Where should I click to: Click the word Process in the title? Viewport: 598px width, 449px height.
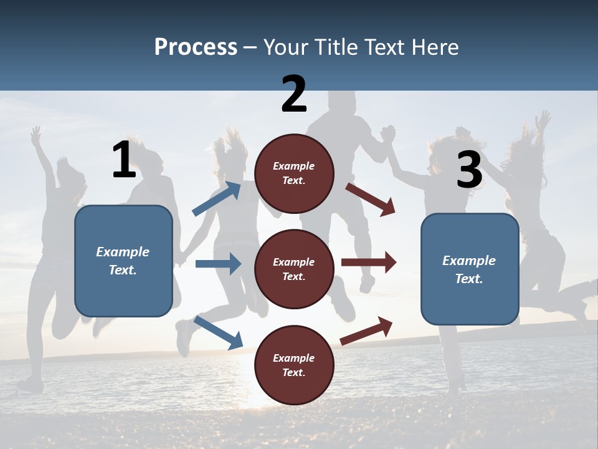196,47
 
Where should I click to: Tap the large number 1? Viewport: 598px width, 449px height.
124,160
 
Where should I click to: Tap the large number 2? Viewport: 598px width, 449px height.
294,94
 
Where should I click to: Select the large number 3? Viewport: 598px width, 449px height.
469,170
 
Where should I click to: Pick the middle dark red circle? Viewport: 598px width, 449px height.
294,269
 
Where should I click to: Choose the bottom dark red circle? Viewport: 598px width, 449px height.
294,365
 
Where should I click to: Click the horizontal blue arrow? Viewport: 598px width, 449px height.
218,264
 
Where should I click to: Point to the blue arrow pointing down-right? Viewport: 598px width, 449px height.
218,332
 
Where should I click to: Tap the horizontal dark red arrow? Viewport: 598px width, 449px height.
369,263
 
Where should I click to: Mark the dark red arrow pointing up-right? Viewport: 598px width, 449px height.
367,331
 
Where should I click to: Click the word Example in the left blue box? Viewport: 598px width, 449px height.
123,252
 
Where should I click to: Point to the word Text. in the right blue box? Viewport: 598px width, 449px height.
469,279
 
